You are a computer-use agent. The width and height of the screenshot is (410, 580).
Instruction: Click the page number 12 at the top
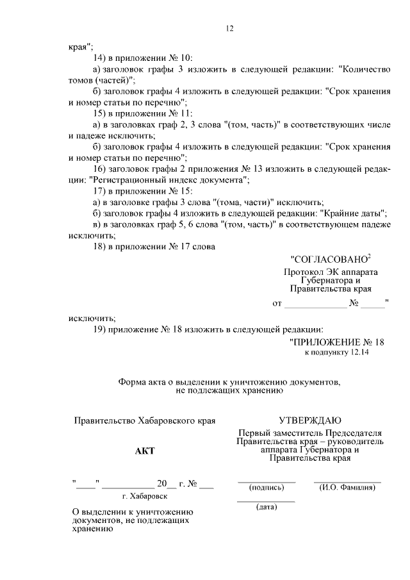click(230, 28)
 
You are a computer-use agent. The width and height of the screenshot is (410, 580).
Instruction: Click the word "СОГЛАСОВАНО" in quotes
click(329, 260)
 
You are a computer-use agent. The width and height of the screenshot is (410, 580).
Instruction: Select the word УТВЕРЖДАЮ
click(309, 420)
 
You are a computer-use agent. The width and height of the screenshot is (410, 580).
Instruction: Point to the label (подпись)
click(266, 487)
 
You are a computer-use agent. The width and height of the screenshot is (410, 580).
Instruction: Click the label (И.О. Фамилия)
click(347, 487)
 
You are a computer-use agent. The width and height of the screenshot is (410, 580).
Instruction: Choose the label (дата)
click(266, 507)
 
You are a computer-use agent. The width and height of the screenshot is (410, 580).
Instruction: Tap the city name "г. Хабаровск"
click(144, 496)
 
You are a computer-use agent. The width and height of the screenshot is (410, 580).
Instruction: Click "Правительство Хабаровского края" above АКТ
click(144, 421)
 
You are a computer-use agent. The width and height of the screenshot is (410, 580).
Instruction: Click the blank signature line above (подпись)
click(266, 481)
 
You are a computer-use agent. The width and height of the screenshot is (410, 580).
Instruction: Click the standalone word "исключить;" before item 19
click(92, 317)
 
